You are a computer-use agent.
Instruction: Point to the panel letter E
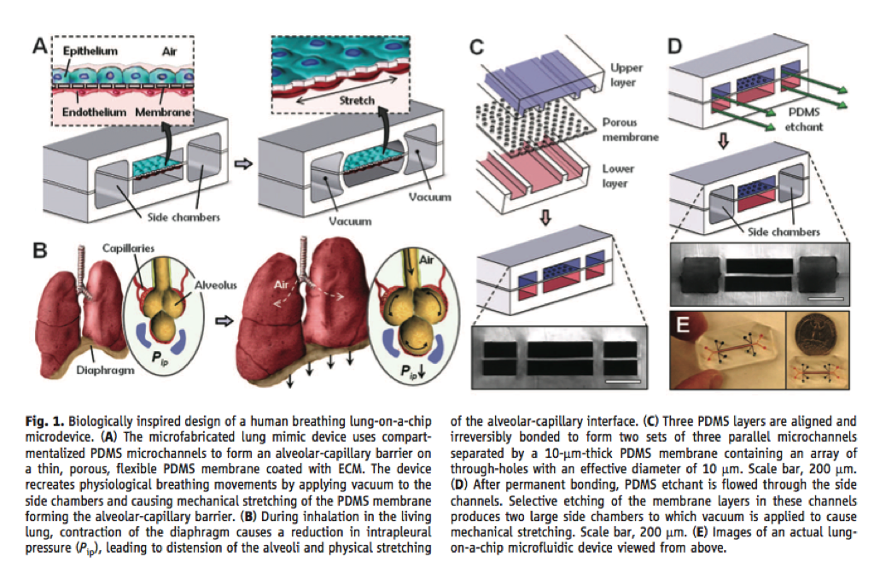point(683,325)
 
